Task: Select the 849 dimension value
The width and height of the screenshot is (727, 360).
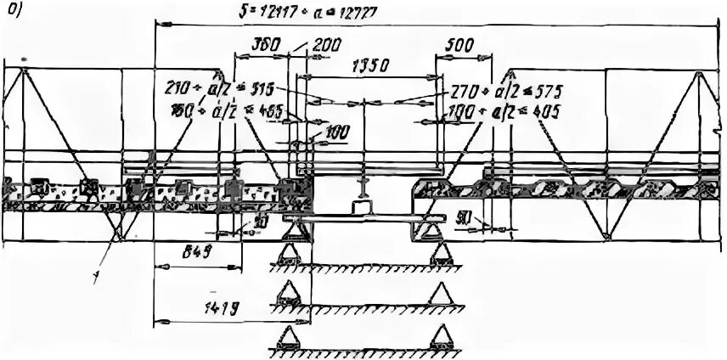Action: (x=198, y=252)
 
